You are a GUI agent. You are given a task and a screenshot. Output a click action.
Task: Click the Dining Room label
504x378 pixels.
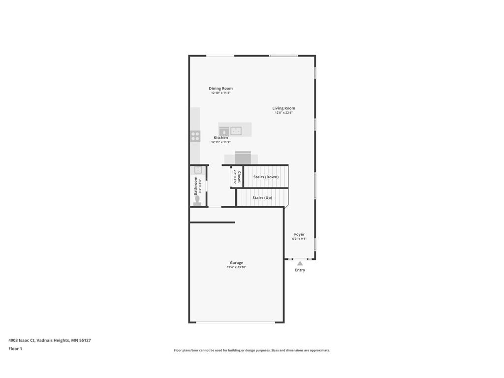(220, 89)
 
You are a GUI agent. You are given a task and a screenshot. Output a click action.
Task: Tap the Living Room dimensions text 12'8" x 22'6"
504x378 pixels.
(283, 113)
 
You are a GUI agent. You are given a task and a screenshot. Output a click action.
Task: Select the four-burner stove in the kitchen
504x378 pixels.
(195, 136)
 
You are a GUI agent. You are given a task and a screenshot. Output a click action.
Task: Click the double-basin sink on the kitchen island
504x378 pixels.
(236, 130)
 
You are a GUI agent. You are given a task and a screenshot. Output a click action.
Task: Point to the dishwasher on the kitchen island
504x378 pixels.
(224, 130)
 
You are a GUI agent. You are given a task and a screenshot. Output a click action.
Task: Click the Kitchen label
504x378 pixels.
(220, 138)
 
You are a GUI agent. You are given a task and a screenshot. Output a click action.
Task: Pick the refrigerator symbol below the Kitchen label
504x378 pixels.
(242, 157)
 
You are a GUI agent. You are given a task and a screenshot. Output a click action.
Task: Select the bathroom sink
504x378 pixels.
(198, 170)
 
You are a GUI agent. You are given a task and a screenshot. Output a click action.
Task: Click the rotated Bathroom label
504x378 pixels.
(195, 186)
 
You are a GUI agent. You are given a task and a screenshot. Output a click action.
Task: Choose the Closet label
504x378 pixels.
(239, 177)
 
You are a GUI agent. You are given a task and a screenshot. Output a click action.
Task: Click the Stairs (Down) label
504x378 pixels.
(266, 177)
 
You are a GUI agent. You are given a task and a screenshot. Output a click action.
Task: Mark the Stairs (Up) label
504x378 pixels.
(262, 198)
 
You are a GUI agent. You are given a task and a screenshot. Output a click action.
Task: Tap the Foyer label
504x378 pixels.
(299, 234)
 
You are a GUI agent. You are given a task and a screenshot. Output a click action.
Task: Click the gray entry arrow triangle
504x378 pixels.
(300, 263)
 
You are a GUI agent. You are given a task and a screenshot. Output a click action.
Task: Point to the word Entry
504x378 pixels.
(300, 270)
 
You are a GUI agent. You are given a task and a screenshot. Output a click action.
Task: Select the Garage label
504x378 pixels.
(236, 263)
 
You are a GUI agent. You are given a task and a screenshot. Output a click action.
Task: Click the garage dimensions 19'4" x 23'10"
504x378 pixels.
(236, 267)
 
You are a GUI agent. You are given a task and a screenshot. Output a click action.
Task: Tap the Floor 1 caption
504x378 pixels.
(15, 348)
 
